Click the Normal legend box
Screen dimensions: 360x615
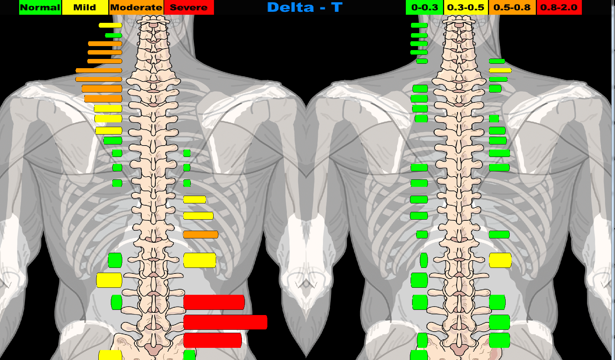click(x=40, y=7)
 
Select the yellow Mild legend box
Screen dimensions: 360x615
click(x=85, y=7)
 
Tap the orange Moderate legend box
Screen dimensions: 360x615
click(x=136, y=7)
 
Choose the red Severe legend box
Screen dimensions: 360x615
click(x=189, y=7)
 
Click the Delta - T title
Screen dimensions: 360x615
click(x=305, y=7)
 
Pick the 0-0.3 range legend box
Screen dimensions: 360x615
click(x=424, y=7)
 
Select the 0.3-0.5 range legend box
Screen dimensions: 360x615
click(x=465, y=7)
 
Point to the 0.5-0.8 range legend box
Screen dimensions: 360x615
click(x=512, y=7)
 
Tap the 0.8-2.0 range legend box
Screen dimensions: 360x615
click(x=559, y=7)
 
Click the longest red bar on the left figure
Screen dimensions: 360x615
click(x=225, y=322)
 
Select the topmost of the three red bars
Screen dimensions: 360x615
click(x=214, y=302)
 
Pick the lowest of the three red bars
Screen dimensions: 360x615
click(x=212, y=340)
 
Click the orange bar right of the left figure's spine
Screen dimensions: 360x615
click(x=201, y=234)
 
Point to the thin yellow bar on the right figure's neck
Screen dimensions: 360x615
click(x=500, y=70)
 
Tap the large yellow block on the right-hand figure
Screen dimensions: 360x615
click(x=500, y=260)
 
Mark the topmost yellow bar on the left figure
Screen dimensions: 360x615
click(x=110, y=25)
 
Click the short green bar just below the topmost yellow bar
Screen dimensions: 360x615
click(x=113, y=35)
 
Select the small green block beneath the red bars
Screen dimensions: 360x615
click(x=189, y=355)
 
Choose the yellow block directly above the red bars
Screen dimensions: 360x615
click(x=200, y=260)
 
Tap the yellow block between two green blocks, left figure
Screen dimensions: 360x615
click(x=109, y=280)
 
